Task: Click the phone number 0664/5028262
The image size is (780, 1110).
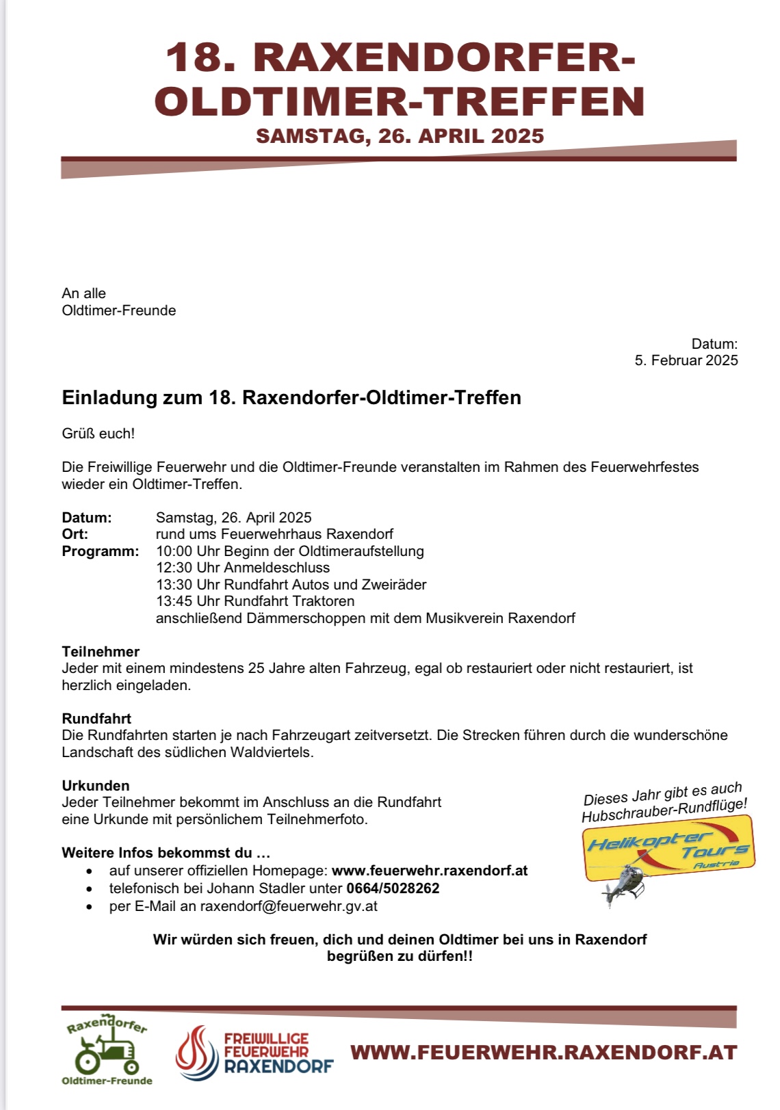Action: (x=393, y=888)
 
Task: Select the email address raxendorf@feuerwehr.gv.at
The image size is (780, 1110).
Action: (x=288, y=906)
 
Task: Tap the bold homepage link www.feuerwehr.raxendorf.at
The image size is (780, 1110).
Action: (x=430, y=871)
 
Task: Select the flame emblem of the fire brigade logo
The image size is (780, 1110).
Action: (x=196, y=1052)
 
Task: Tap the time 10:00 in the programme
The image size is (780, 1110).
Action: (x=174, y=551)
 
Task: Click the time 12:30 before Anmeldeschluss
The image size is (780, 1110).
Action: (x=174, y=568)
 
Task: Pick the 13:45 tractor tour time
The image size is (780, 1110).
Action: (x=174, y=601)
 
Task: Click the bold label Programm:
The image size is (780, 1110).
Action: (x=100, y=551)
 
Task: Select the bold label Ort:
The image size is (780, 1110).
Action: (x=75, y=534)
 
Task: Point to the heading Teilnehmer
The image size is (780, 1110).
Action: (x=101, y=652)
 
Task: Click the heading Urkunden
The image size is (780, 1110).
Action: (x=95, y=786)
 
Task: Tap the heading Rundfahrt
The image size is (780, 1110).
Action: (x=96, y=719)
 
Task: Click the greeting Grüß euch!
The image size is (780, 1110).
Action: (x=98, y=434)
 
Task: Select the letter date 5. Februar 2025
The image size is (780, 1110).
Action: (x=686, y=360)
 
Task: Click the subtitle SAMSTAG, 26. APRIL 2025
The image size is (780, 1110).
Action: (x=400, y=136)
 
